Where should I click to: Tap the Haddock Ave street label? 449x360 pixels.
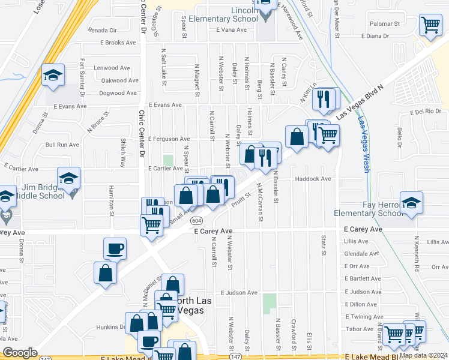313,179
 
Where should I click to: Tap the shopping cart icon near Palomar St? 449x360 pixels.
430,25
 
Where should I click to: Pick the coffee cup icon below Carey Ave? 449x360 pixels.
115,248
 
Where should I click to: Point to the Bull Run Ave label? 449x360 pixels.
62,145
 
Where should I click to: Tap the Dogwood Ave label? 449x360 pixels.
118,93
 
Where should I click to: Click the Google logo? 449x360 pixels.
20,353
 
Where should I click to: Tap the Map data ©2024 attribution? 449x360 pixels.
424,355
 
